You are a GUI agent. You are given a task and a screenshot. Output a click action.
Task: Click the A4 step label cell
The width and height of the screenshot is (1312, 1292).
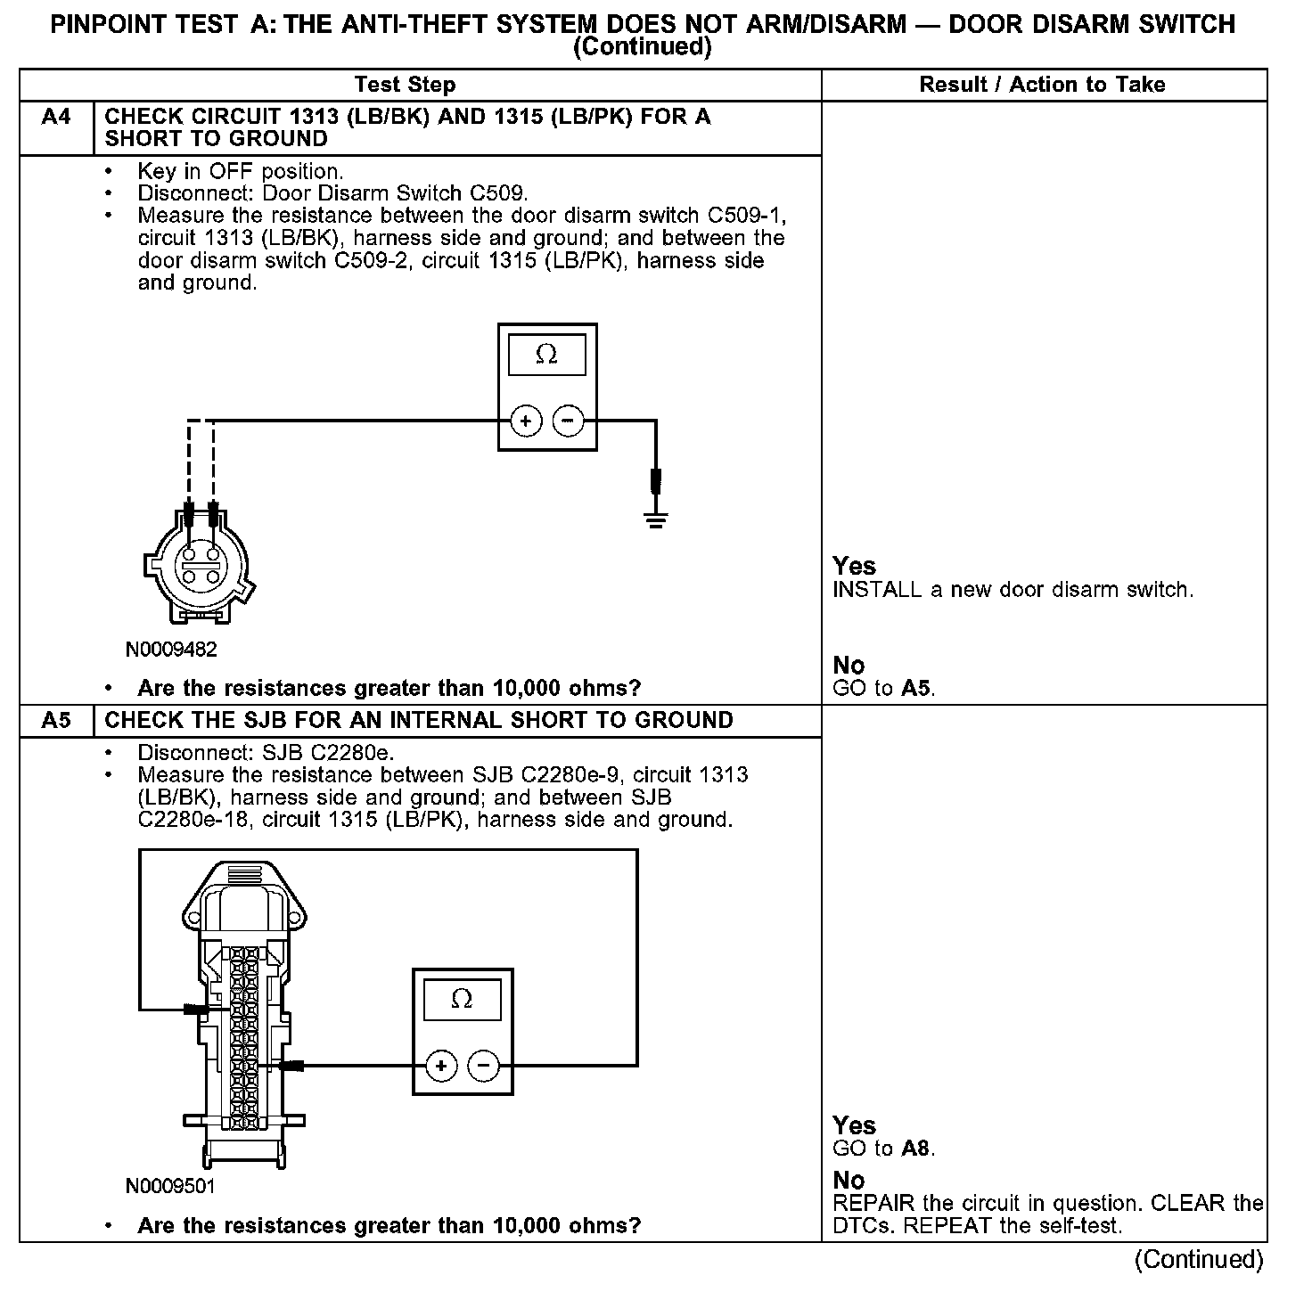(x=56, y=118)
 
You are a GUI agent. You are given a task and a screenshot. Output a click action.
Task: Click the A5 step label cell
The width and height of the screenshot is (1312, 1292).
(x=56, y=721)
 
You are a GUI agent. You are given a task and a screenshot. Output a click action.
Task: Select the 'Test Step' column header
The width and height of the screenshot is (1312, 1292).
(x=405, y=85)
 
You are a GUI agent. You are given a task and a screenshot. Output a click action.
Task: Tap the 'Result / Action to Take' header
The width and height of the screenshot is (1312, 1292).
(x=1042, y=85)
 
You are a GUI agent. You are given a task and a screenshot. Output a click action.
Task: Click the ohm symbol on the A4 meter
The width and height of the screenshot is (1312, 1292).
(x=547, y=355)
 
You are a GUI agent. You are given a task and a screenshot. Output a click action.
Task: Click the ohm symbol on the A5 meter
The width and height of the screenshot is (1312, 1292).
(x=462, y=999)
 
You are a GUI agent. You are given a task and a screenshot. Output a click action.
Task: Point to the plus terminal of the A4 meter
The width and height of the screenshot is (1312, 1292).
(x=526, y=421)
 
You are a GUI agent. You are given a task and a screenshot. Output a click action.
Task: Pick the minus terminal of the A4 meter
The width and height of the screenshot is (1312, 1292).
(x=569, y=421)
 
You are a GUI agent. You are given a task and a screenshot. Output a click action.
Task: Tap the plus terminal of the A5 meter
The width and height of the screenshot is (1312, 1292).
(x=441, y=1065)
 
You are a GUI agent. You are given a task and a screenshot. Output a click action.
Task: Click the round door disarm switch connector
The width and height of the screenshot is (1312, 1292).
(x=200, y=563)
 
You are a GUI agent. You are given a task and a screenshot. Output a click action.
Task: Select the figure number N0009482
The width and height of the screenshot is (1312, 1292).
(x=171, y=650)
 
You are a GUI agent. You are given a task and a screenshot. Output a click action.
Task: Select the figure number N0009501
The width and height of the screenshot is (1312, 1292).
(x=170, y=1187)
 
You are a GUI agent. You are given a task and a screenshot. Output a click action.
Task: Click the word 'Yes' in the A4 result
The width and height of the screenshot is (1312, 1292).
(x=854, y=566)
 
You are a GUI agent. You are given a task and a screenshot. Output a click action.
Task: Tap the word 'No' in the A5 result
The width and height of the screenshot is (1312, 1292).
(x=849, y=1181)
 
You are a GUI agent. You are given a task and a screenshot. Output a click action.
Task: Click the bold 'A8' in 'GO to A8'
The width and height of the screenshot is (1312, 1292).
(x=915, y=1149)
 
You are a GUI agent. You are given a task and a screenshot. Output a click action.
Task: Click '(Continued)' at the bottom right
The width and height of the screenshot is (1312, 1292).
(x=1199, y=1259)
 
